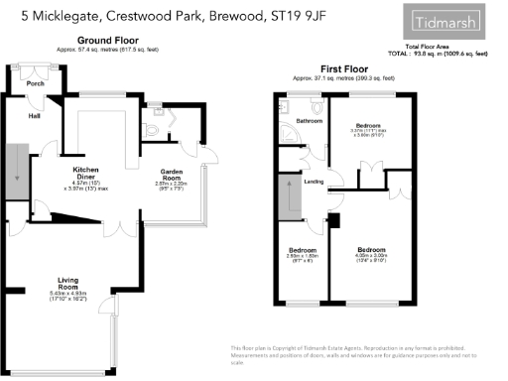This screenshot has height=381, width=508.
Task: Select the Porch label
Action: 36,83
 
